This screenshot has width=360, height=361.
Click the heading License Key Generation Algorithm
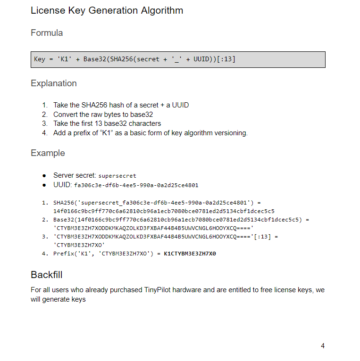pos(107,10)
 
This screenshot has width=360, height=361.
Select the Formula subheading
pos(47,33)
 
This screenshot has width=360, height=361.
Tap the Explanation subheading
pos(54,83)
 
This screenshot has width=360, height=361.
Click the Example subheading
pos(48,153)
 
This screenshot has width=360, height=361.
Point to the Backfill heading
pos(47,275)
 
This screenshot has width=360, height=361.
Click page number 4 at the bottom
pos(323,346)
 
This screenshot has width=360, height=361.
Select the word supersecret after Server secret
pos(117,176)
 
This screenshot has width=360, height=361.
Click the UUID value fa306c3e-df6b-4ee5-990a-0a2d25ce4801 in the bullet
pos(136,185)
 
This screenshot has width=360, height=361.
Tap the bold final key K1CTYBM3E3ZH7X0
pos(190,254)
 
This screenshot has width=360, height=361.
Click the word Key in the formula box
pos(40,59)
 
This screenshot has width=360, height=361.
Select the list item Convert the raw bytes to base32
pos(103,115)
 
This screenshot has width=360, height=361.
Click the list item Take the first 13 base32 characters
pos(107,123)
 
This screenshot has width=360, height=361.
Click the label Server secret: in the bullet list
pos(75,175)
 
